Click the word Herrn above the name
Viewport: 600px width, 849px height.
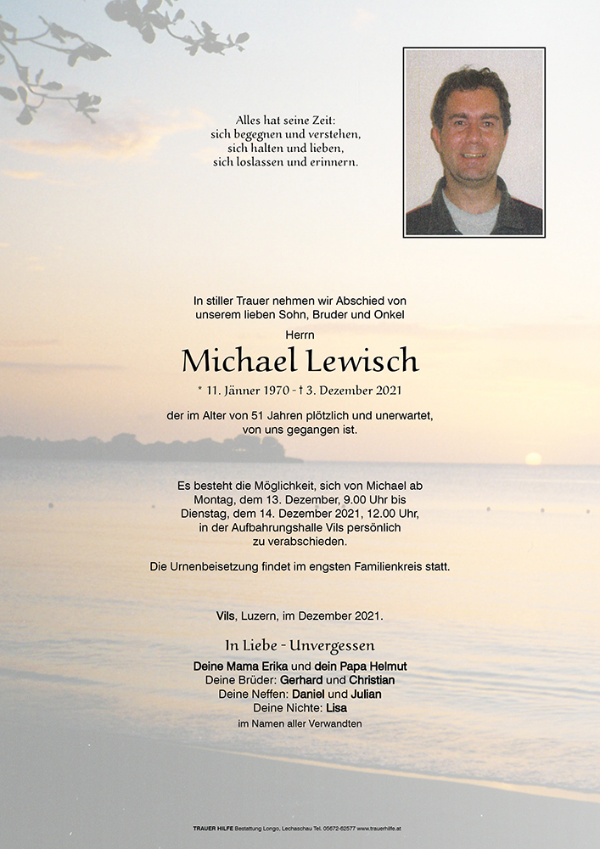coord(300,335)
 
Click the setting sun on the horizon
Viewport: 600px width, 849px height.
coord(533,458)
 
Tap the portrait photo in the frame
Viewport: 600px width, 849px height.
coord(474,142)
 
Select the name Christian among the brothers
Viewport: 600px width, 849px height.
coord(371,680)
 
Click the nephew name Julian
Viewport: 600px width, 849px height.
coord(365,694)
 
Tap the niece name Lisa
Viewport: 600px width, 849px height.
coord(335,707)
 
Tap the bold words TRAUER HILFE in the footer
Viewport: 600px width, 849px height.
coord(214,827)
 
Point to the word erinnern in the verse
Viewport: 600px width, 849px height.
coord(334,162)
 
